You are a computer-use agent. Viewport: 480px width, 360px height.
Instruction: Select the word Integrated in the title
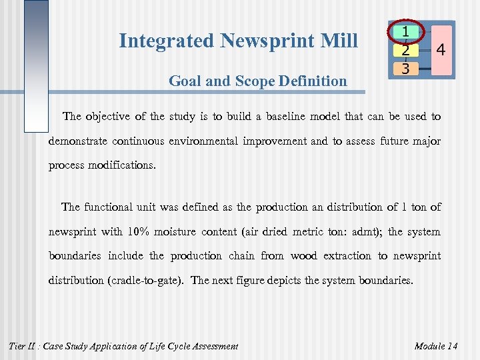pyautogui.click(x=166, y=41)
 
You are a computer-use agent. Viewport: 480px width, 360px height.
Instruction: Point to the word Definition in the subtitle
pyautogui.click(x=314, y=81)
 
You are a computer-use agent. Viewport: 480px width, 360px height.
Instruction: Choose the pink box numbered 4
pyautogui.click(x=440, y=49)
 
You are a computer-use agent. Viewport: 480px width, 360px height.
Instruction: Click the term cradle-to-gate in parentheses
pyautogui.click(x=145, y=280)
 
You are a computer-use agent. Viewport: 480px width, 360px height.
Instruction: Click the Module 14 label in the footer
pyautogui.click(x=436, y=345)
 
